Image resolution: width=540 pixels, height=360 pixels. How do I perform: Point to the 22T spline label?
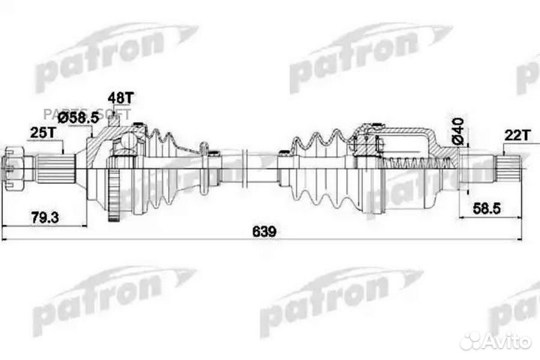517,134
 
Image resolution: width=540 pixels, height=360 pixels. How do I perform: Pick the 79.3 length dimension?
43,217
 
